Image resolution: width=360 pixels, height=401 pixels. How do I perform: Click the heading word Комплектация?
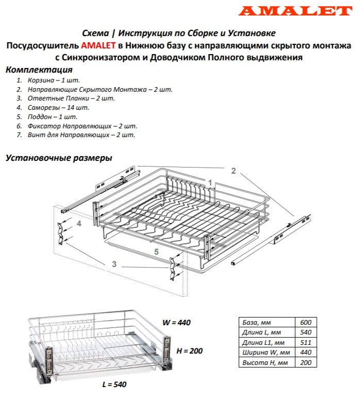click(39, 70)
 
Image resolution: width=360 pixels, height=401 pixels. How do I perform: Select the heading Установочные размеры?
click(59, 158)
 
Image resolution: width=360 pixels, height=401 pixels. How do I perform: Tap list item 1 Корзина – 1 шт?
click(45, 80)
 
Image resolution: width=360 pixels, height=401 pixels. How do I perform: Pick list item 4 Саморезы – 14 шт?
click(52, 108)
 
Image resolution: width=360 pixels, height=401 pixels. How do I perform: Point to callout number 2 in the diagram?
click(233, 171)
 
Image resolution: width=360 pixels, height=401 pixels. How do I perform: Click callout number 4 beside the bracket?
click(79, 224)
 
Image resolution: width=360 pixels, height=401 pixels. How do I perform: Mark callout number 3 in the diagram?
click(114, 264)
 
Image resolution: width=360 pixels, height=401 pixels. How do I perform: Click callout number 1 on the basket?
click(210, 182)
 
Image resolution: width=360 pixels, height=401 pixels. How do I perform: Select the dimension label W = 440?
click(177, 323)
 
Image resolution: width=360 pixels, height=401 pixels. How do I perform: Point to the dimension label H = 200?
click(189, 351)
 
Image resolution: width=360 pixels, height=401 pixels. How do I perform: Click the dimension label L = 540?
click(114, 385)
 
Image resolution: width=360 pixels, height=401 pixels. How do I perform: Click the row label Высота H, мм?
click(263, 363)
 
